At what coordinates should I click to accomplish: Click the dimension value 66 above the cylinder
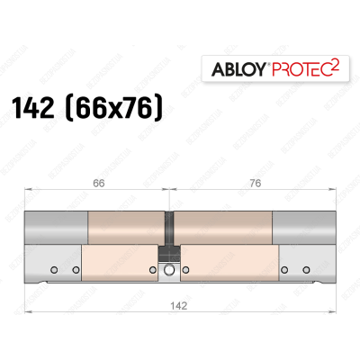coord(96,183)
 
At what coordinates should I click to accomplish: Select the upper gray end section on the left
coord(57,229)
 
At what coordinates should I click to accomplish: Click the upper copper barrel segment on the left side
coord(125,229)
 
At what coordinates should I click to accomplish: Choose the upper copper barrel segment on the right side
coord(221,229)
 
